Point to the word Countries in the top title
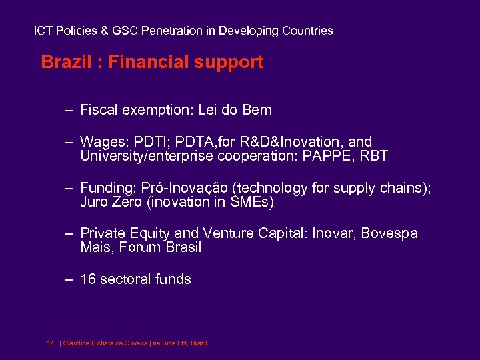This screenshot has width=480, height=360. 307,31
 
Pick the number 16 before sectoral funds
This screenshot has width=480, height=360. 88,279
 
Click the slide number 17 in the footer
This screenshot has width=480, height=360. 50,343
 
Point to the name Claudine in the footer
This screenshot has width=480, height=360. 78,343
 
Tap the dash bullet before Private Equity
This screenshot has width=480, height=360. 69,233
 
